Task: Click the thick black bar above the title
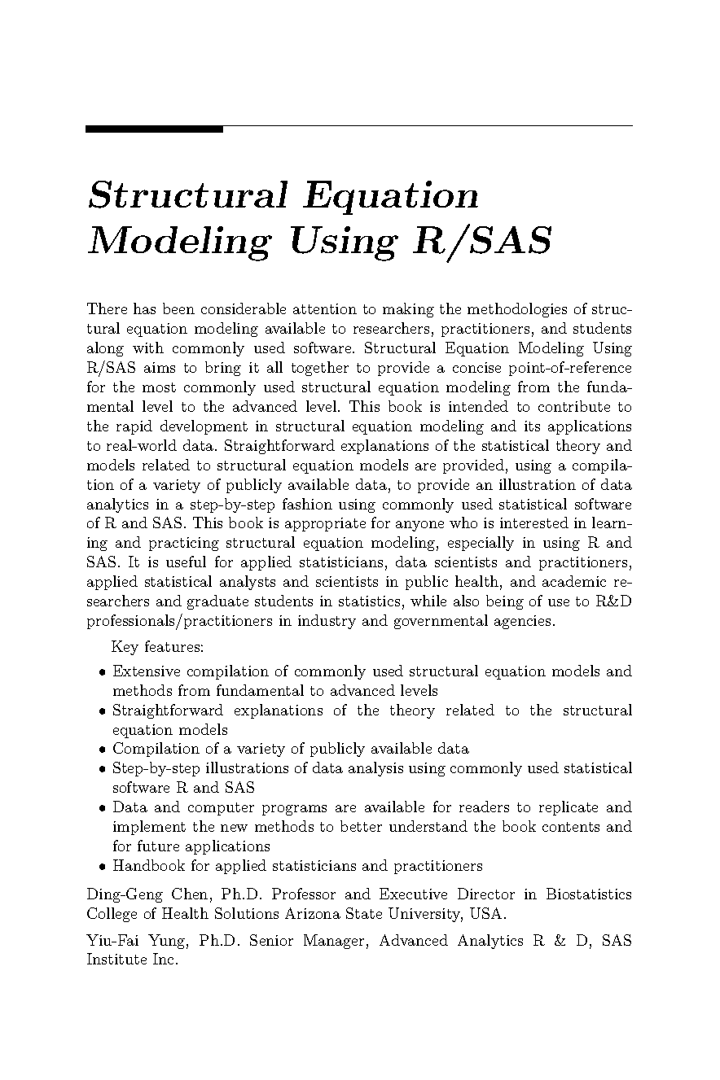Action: point(154,129)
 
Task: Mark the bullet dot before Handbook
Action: point(101,867)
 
